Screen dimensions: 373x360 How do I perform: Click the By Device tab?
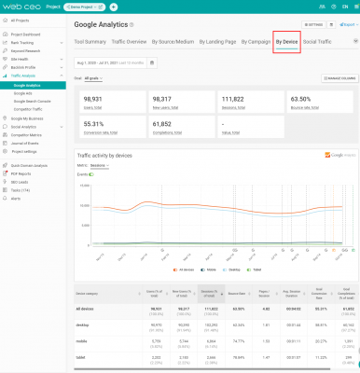pos(287,42)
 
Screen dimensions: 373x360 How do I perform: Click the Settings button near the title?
pos(313,24)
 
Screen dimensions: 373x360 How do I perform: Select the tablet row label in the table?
pos(82,356)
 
